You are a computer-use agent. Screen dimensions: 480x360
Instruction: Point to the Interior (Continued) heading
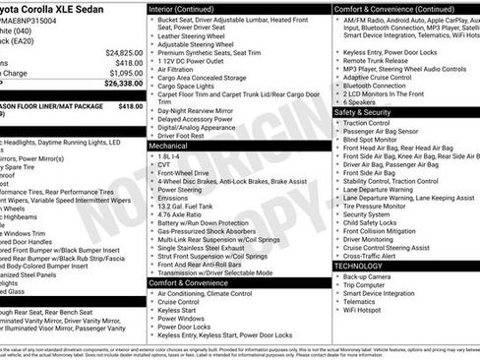[188, 9]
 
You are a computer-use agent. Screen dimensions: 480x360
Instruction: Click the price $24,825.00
[124, 51]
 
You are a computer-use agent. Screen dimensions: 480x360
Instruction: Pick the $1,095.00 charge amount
[126, 73]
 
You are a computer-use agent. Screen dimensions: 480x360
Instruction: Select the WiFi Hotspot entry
[365, 311]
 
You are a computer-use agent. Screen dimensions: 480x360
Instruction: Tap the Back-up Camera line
[369, 277]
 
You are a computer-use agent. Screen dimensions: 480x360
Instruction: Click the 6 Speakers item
[360, 101]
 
